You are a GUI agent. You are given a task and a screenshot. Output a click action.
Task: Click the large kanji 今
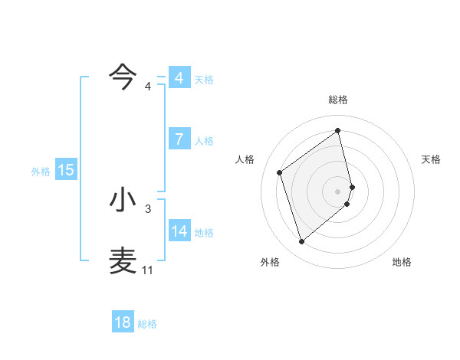point(123,77)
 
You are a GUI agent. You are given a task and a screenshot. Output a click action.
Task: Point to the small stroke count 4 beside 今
point(148,86)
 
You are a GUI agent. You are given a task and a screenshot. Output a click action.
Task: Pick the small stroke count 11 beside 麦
point(147,270)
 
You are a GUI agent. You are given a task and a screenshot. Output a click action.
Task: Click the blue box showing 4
point(179,78)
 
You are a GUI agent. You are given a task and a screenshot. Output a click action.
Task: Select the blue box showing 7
point(179,139)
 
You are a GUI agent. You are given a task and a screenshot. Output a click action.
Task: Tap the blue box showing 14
point(179,231)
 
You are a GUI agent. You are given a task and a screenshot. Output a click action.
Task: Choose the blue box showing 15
point(66,170)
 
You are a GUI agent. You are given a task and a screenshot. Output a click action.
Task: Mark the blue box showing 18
point(123,322)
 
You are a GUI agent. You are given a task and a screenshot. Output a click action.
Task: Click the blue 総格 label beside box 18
point(147,324)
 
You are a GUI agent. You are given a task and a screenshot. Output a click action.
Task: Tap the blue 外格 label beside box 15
point(41,172)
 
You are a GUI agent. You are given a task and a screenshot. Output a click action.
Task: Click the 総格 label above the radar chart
point(338,100)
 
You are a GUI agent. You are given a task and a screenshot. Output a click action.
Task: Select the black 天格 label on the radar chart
point(431,159)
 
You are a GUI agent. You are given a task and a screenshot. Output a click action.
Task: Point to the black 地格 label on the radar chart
point(402,262)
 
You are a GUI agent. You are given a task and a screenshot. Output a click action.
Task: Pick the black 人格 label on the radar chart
point(245,159)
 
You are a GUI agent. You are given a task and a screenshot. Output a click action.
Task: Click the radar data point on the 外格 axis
point(301,242)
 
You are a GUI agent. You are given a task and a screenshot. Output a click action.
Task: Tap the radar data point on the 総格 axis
point(338,130)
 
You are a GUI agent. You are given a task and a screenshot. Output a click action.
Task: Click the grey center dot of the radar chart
point(338,191)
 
